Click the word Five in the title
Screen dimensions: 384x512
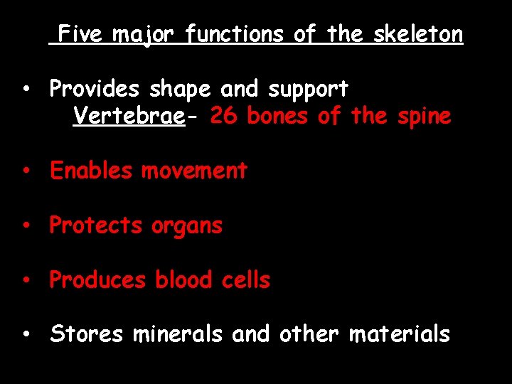pos(80,33)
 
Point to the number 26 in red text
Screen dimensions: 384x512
pos(224,115)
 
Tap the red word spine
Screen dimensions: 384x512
pos(425,116)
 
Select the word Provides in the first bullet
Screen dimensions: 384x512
pos(95,89)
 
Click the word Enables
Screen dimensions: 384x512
pos(91,171)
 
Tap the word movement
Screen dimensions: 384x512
pos(194,171)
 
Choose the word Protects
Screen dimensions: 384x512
pos(96,225)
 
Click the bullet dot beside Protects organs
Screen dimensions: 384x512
pos(25,226)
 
